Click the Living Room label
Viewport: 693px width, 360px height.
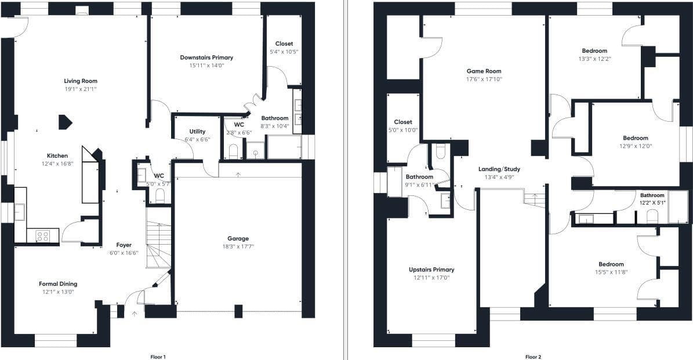[x=81, y=81]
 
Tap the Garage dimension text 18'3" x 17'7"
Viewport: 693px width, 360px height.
[x=238, y=246]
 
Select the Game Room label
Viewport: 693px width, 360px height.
[x=484, y=71]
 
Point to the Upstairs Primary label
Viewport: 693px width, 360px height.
[x=431, y=270]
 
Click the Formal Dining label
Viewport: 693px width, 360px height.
[x=58, y=284]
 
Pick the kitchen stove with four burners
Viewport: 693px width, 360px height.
[x=43, y=237]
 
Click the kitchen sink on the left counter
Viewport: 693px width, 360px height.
[x=20, y=212]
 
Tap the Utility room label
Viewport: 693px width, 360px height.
[x=197, y=132]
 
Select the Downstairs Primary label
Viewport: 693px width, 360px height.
[x=206, y=57]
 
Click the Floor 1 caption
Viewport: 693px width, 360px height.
[x=158, y=357]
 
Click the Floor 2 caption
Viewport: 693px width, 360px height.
[x=533, y=357]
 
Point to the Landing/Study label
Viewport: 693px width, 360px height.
[x=499, y=169]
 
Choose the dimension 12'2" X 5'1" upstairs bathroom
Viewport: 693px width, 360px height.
[x=652, y=203]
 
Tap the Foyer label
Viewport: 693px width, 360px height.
[x=124, y=245]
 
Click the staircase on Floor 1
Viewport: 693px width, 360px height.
[x=159, y=238]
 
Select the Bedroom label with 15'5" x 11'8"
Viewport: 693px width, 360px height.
[x=611, y=264]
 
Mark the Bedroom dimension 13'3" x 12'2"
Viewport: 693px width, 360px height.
[x=594, y=59]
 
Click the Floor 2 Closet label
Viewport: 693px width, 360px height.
[x=403, y=122]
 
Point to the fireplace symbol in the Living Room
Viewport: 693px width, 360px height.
[x=65, y=122]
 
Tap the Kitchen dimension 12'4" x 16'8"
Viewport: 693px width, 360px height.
[x=57, y=163]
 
